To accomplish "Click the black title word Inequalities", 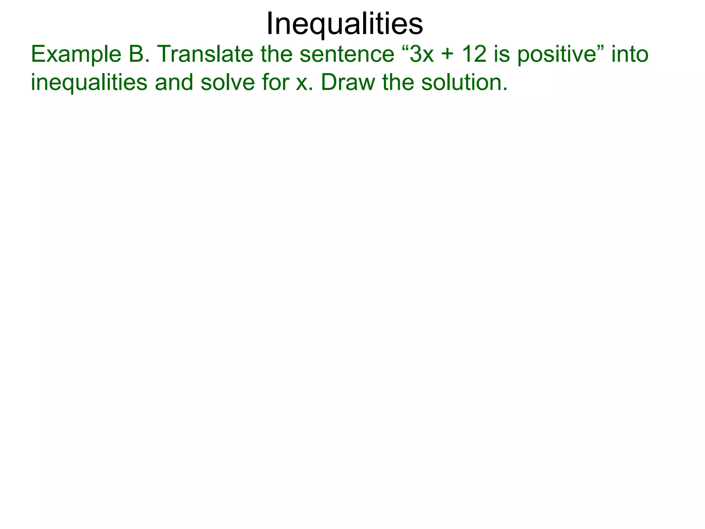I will (345, 23).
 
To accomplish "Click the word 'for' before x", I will (276, 83).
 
